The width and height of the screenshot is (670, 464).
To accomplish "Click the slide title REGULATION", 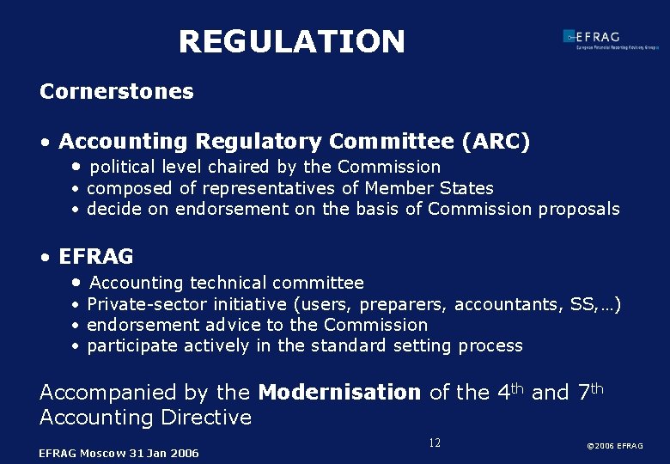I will tap(291, 41).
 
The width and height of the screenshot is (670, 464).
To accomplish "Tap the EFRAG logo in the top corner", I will tap(609, 39).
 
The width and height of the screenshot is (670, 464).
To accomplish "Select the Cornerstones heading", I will tap(117, 91).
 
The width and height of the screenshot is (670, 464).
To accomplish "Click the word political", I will tap(124, 167).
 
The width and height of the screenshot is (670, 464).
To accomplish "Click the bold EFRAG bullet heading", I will tap(96, 257).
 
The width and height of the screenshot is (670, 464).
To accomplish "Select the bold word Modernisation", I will tap(339, 393).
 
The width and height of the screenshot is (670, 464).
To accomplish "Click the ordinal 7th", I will tap(592, 392).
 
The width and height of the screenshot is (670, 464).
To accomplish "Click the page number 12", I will tap(435, 443).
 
